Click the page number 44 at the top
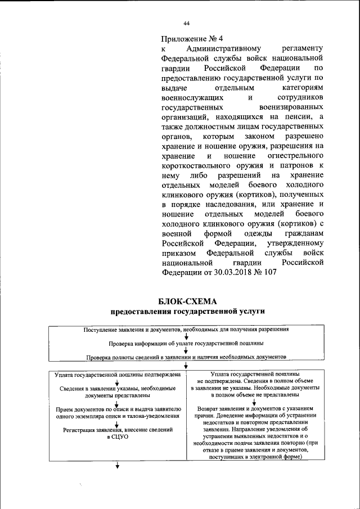tap(186, 23)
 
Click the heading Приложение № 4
tap(192, 39)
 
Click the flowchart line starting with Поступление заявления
tap(186, 330)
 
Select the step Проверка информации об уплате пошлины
tap(186, 343)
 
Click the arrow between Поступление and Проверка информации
tap(186, 336)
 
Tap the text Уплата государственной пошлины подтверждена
tap(118, 373)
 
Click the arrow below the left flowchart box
tap(118, 465)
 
